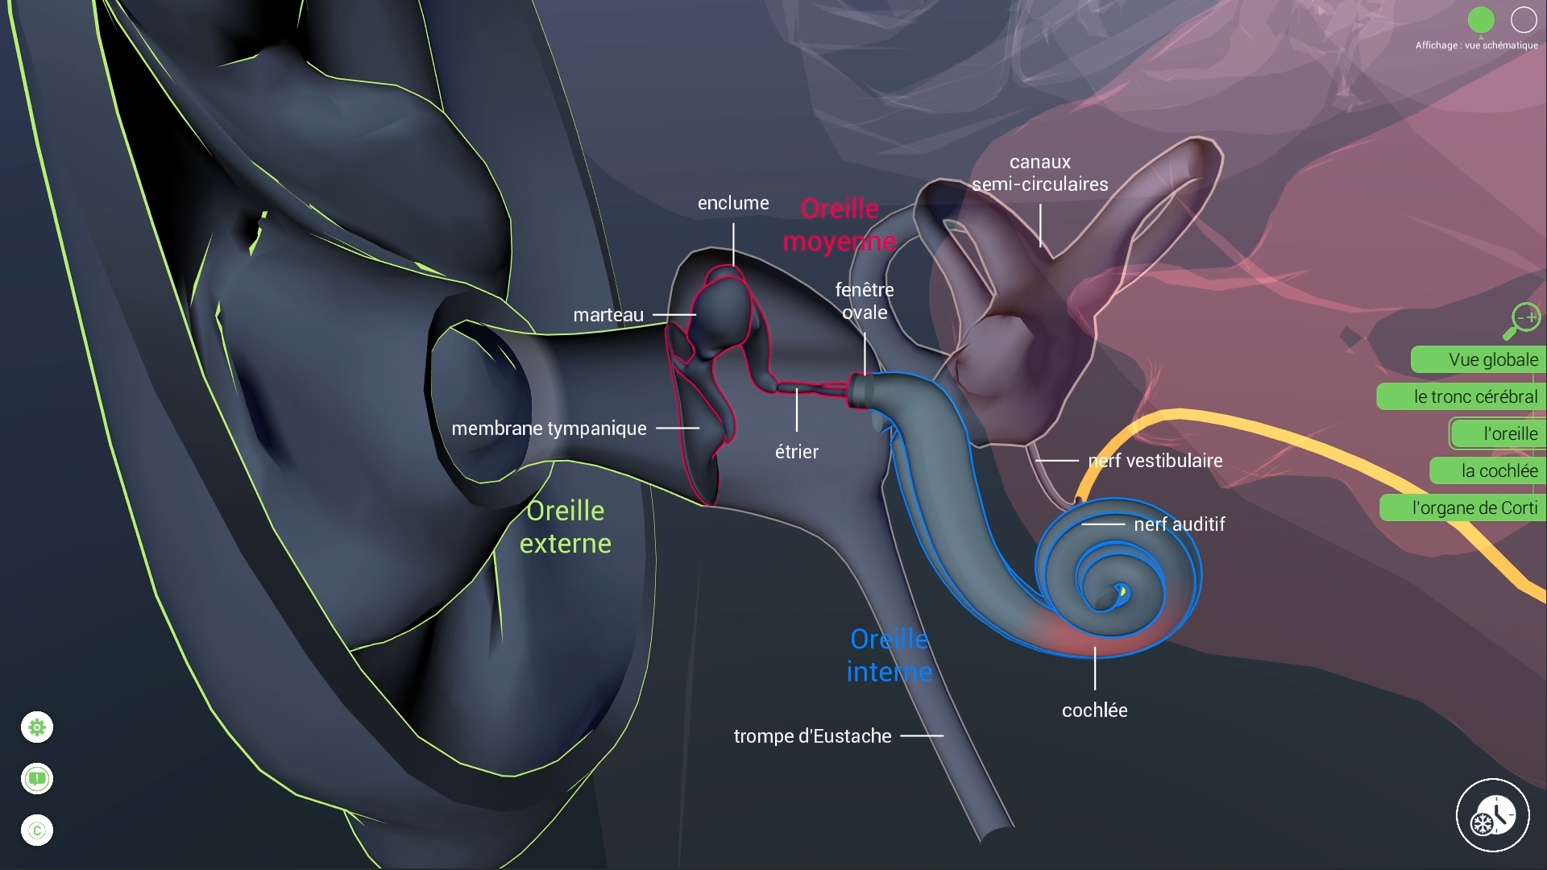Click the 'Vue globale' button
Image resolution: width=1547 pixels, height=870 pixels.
(x=1479, y=359)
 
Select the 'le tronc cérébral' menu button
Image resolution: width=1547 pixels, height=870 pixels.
(x=1462, y=396)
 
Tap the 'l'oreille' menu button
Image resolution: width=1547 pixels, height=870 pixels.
(x=1499, y=433)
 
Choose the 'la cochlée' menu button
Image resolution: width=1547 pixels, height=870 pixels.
(x=1489, y=470)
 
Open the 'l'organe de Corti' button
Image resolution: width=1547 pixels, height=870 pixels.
(x=1464, y=507)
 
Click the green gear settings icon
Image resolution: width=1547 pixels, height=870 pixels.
(x=37, y=727)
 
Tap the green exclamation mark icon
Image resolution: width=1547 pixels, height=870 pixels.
(x=37, y=779)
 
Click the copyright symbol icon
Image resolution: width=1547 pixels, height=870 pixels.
(x=37, y=831)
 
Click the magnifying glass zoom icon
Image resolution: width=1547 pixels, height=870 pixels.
(x=1521, y=321)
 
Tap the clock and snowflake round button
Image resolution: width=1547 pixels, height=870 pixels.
(x=1492, y=815)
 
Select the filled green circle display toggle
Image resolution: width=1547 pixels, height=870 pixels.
(x=1481, y=20)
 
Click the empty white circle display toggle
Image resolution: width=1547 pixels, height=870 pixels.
(x=1524, y=20)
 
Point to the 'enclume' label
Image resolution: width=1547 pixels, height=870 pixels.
(x=733, y=203)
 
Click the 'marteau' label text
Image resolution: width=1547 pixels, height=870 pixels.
(x=608, y=315)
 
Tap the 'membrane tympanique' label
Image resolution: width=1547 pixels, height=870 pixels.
(x=549, y=429)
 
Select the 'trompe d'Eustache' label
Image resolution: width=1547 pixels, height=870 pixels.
(x=812, y=736)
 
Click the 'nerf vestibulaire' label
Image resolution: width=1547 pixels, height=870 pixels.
(x=1155, y=461)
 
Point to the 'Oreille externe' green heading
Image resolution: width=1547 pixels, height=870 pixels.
(x=566, y=527)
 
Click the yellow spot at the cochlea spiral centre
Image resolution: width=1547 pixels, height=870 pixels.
(x=1122, y=592)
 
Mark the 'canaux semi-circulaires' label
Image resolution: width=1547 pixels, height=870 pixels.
(x=1040, y=173)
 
